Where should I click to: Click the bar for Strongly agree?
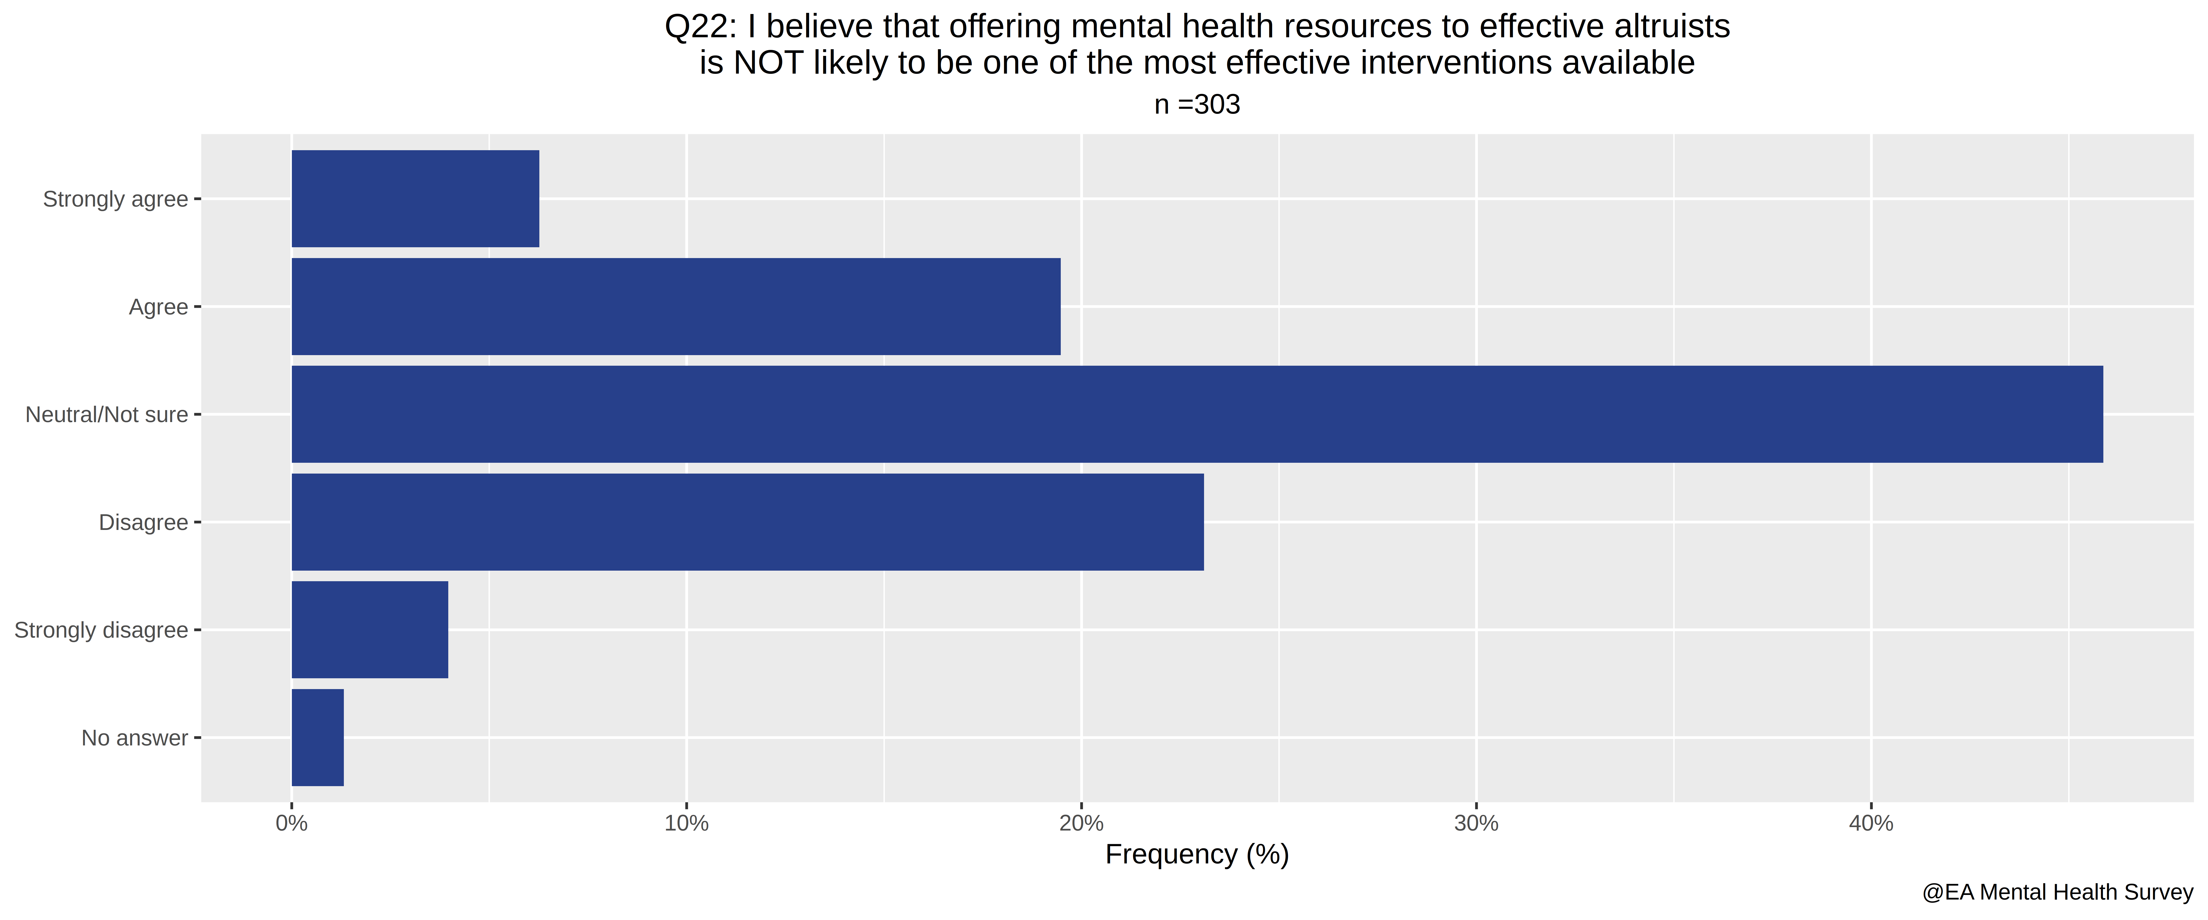point(416,199)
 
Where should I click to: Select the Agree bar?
point(676,306)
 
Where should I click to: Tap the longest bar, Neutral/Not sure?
point(1197,414)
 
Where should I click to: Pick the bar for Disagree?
point(747,522)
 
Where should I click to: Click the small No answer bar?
point(318,737)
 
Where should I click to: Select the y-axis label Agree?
point(158,307)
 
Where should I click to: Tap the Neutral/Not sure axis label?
point(107,415)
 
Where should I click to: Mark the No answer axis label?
point(135,738)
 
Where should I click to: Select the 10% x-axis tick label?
point(687,824)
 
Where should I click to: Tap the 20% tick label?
point(1082,824)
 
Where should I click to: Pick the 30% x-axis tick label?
point(1476,824)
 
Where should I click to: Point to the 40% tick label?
point(1871,824)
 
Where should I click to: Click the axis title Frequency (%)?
point(1197,855)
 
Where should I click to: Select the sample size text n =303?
point(1197,105)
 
